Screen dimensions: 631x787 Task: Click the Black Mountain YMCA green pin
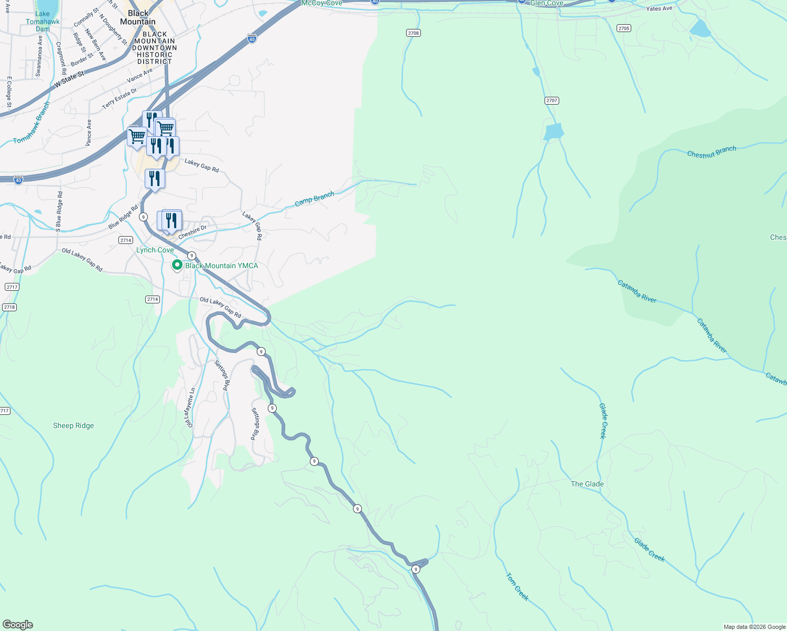click(178, 266)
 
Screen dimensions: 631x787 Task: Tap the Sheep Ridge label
click(73, 426)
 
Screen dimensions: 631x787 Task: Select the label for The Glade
click(587, 484)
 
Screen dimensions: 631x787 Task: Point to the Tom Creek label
click(517, 587)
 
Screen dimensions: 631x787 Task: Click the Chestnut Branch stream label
click(711, 152)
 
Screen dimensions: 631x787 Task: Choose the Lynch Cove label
click(155, 250)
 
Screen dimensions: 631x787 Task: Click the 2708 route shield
click(413, 33)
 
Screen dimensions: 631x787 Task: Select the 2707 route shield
click(551, 100)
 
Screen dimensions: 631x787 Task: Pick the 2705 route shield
click(623, 28)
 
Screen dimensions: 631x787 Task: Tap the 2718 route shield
click(9, 307)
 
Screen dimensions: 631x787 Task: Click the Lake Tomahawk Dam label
click(43, 22)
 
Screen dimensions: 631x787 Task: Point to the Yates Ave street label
click(659, 9)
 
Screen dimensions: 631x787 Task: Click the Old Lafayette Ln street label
click(190, 408)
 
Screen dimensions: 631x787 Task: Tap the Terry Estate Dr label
click(119, 98)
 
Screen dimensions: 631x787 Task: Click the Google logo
click(17, 625)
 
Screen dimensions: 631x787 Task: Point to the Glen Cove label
click(547, 3)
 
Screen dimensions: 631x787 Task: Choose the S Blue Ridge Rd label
click(59, 211)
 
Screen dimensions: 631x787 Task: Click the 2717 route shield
click(12, 287)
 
